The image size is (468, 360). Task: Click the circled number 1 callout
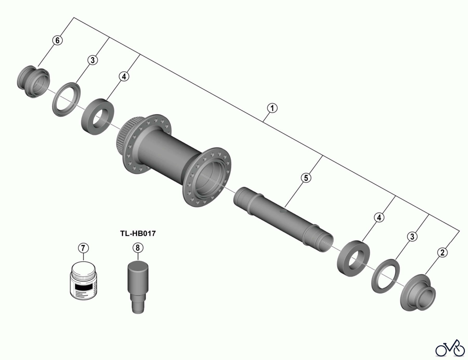[x=272, y=108]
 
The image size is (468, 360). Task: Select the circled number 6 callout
[x=57, y=40]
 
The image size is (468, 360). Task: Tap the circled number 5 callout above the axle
[x=306, y=178]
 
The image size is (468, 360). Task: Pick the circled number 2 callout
[x=443, y=252]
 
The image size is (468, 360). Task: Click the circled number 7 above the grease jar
[x=83, y=248]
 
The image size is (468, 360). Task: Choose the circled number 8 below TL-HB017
[x=138, y=248]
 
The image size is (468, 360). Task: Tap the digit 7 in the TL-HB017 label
[x=153, y=233]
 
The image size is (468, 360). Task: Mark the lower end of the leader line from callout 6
[x=38, y=67]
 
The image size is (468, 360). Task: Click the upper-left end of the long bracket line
[x=74, y=18]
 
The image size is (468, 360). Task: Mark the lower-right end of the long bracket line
[x=460, y=231]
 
